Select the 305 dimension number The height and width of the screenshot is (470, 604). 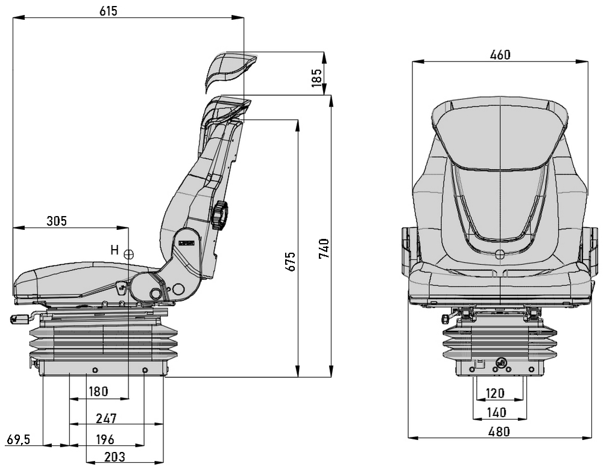point(57,221)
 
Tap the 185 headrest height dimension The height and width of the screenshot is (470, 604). point(316,77)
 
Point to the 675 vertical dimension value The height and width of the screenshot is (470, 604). point(291,261)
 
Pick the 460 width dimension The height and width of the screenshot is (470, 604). point(500,55)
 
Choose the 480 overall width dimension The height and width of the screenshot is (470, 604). point(499,431)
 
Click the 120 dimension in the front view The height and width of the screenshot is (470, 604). point(494,393)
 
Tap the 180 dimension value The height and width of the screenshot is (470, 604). point(98,392)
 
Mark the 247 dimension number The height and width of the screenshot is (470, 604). point(105,418)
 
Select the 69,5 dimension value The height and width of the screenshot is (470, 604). point(17,439)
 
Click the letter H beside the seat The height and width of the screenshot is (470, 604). point(114,249)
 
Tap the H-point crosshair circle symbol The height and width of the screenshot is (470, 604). point(128,254)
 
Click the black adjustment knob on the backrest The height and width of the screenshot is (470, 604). point(220,214)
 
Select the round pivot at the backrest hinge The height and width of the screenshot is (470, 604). point(156,294)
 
